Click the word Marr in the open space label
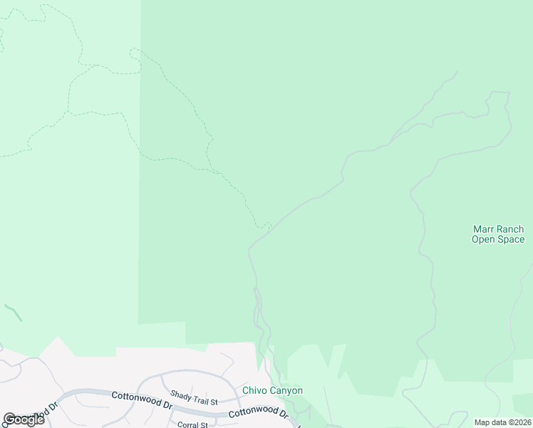(x=483, y=230)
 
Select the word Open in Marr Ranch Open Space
(x=484, y=240)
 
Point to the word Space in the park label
(x=511, y=240)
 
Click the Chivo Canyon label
(x=273, y=390)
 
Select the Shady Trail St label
(x=193, y=394)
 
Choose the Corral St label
(x=192, y=424)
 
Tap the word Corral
(x=187, y=424)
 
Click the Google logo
(x=24, y=419)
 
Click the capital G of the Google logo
(x=9, y=419)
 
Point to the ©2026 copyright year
(x=517, y=422)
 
